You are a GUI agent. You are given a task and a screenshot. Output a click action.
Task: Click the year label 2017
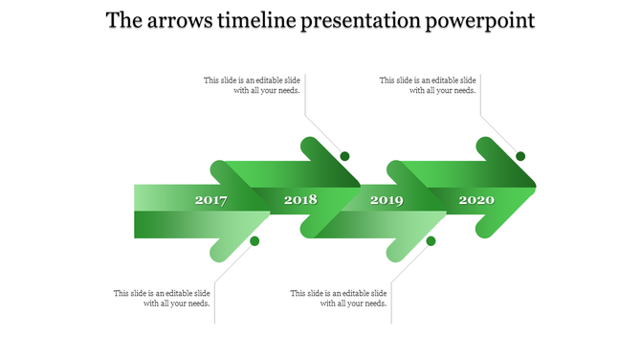point(210,200)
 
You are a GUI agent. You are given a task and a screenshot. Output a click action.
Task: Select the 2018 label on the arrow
point(300,200)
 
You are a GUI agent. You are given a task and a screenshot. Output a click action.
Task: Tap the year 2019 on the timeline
point(387,200)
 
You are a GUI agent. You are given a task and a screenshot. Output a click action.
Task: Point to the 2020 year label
point(476,200)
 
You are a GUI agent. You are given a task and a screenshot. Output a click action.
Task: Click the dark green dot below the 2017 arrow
point(254,241)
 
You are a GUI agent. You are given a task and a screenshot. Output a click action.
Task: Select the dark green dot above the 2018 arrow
point(344,156)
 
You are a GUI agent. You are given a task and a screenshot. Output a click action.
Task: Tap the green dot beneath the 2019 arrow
point(431,241)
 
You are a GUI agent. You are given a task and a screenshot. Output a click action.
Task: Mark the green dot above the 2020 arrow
point(520,156)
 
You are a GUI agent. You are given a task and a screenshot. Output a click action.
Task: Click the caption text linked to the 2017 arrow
point(163,299)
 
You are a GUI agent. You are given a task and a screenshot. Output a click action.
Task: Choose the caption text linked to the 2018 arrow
point(253,86)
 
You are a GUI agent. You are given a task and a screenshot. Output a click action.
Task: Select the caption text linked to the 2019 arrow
point(339,299)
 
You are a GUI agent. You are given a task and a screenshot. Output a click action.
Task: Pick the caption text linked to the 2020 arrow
point(428,86)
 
